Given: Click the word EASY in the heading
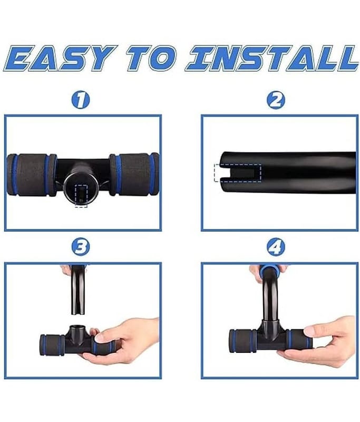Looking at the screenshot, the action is tap(61, 59).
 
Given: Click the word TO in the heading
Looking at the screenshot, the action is tap(151, 59).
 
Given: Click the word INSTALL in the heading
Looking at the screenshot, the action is tap(271, 59).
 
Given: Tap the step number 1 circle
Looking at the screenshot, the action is tap(81, 100).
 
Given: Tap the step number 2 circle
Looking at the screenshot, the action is tap(276, 100).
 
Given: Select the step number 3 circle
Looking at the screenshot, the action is tap(81, 247).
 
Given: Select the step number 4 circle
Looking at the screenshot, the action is tap(276, 247).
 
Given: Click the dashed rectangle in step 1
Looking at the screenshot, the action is tap(81, 196).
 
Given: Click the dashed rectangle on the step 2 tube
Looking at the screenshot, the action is tap(238, 173).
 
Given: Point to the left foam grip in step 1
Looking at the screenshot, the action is tap(31, 175).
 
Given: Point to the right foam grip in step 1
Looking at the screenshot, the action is tap(134, 174).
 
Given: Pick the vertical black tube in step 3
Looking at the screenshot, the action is tap(78, 290).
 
